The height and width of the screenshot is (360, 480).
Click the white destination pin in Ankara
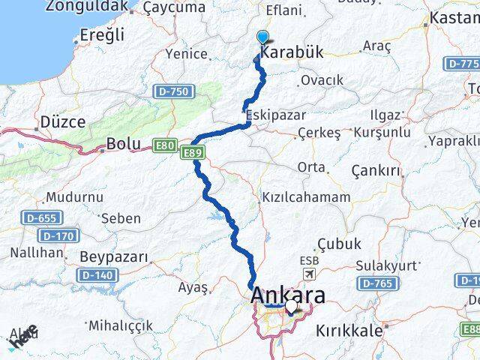click(291, 307)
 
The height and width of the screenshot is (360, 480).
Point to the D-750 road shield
click(174, 91)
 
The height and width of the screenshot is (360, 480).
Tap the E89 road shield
click(191, 152)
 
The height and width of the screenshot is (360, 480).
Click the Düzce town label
click(63, 121)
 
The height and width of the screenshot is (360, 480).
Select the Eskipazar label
click(274, 116)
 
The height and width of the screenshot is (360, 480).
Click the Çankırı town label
click(376, 171)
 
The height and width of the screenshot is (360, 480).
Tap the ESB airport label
click(308, 261)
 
